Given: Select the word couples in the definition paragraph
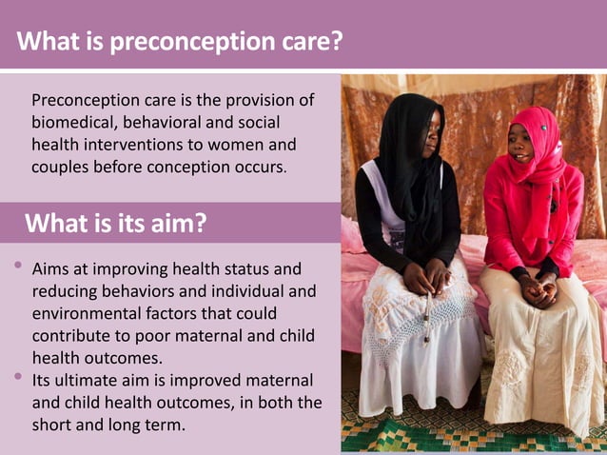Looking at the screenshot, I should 60,167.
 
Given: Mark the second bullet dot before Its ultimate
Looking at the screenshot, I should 19,378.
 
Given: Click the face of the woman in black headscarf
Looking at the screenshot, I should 427,144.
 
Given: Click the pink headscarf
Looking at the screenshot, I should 538,143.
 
